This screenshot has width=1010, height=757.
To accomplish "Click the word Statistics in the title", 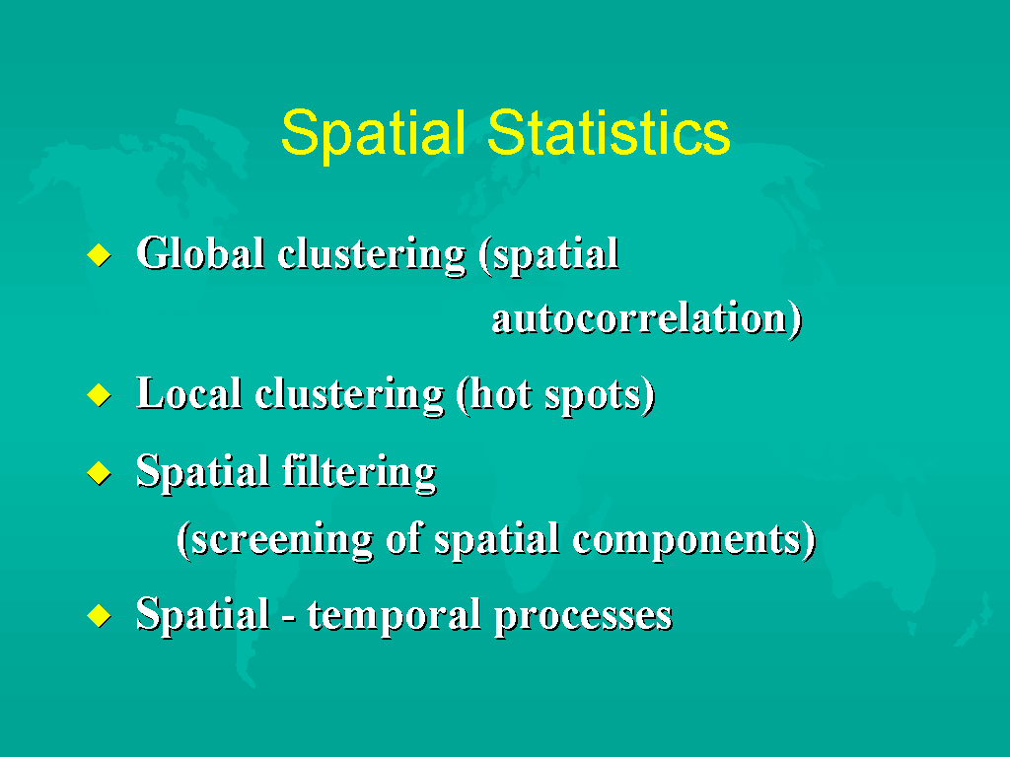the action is pyautogui.click(x=609, y=133).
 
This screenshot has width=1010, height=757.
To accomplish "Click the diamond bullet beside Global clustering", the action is pyautogui.click(x=100, y=255).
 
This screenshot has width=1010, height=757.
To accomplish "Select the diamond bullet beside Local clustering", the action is pyautogui.click(x=100, y=394).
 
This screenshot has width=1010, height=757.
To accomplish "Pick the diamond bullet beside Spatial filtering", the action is pyautogui.click(x=100, y=473).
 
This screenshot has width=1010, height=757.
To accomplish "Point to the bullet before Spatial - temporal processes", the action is pyautogui.click(x=100, y=615).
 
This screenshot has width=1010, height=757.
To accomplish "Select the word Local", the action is pyautogui.click(x=189, y=393).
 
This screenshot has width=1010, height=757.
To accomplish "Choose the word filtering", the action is pyautogui.click(x=360, y=473).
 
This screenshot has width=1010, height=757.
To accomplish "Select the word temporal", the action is pyautogui.click(x=395, y=615).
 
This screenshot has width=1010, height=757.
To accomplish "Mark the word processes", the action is pyautogui.click(x=584, y=617).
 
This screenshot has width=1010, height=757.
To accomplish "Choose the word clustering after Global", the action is pyautogui.click(x=372, y=255).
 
